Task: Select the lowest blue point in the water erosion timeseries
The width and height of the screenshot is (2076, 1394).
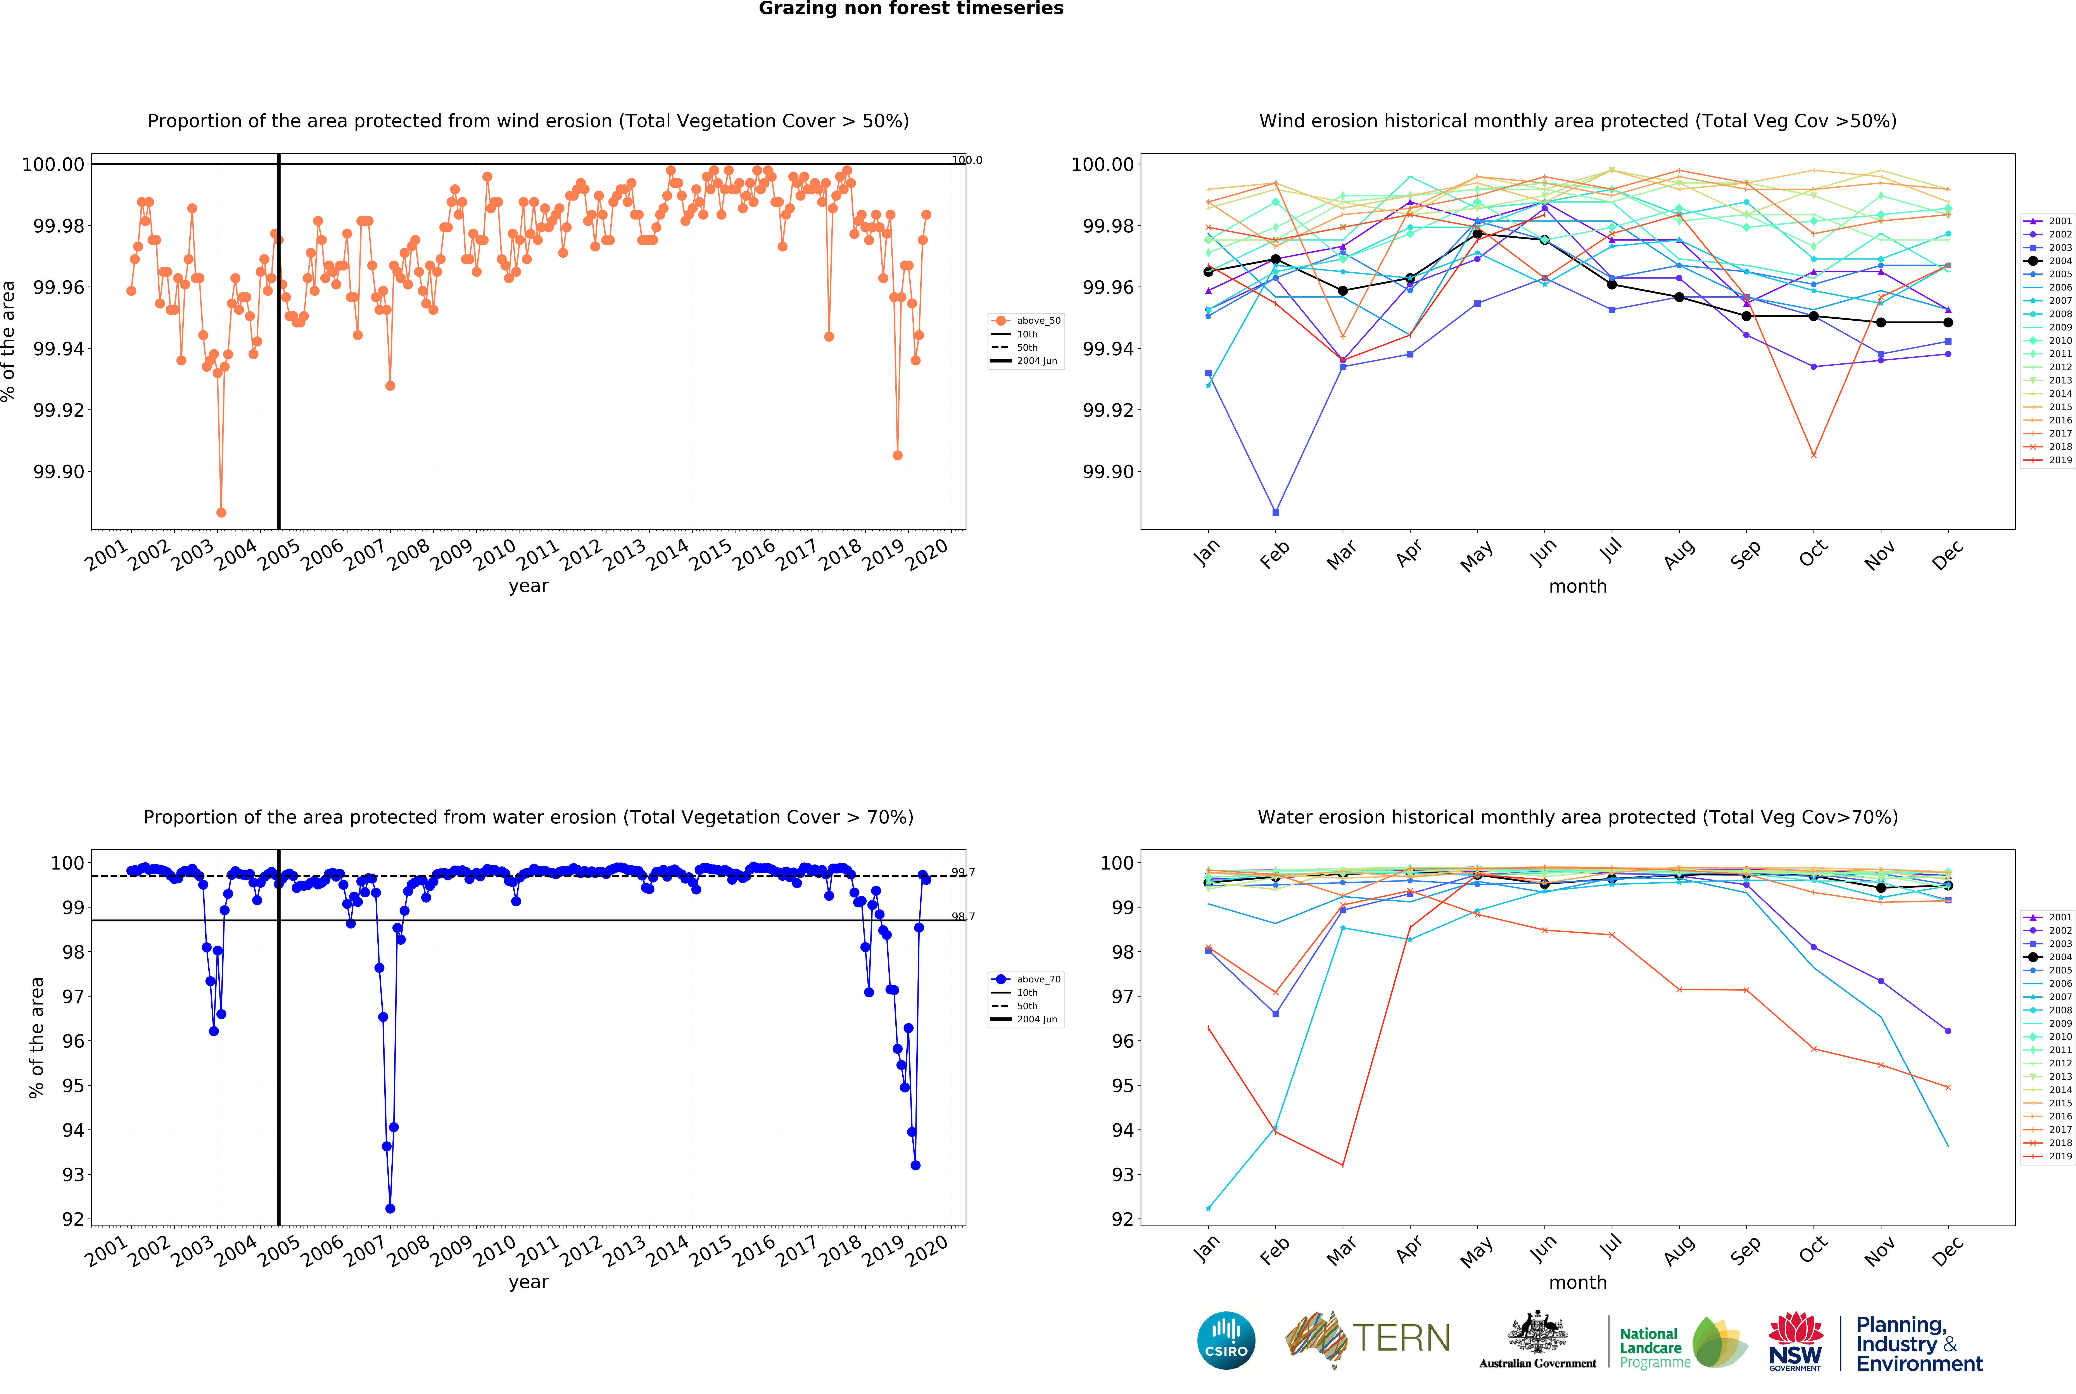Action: coord(390,1208)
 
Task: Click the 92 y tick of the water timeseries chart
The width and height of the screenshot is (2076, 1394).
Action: coord(73,1219)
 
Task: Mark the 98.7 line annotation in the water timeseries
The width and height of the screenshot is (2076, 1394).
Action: coord(962,917)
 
